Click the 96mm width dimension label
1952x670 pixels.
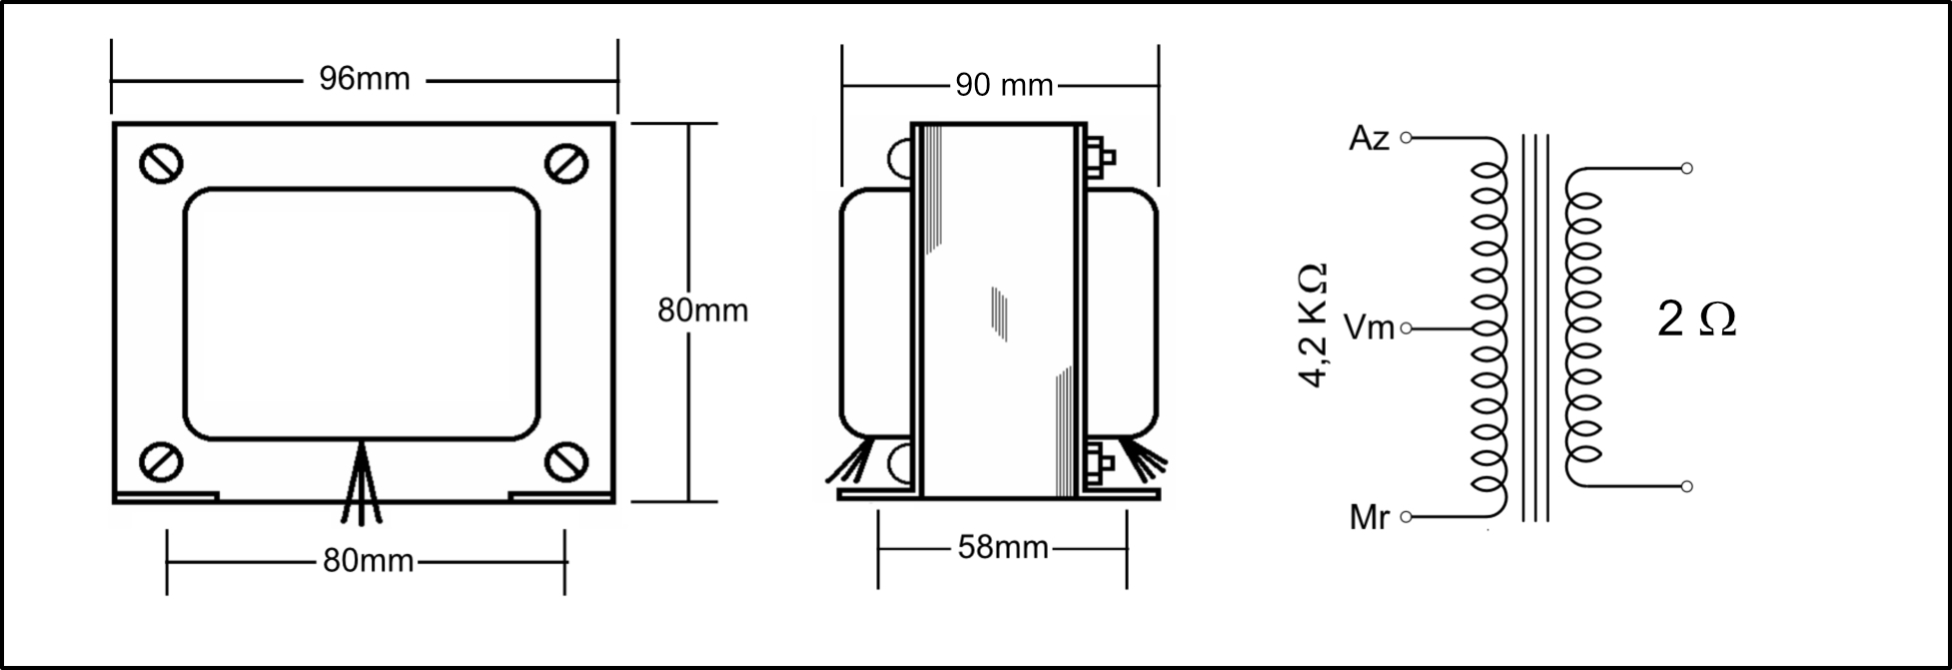click(365, 79)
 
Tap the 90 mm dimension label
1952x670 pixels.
click(1004, 86)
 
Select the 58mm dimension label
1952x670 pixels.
click(1003, 547)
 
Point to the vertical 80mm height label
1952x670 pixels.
click(702, 311)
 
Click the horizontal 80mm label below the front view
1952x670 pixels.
click(368, 561)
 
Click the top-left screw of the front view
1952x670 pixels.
click(161, 163)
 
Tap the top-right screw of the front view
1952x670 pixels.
click(566, 163)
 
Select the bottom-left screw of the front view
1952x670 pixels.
click(161, 461)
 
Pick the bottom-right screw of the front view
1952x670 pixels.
click(566, 461)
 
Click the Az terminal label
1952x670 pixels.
click(1369, 139)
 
